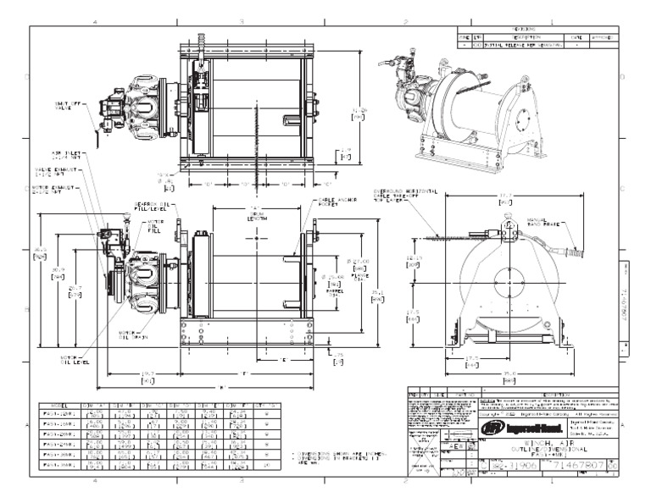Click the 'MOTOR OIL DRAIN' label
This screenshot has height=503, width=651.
coord(131,334)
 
